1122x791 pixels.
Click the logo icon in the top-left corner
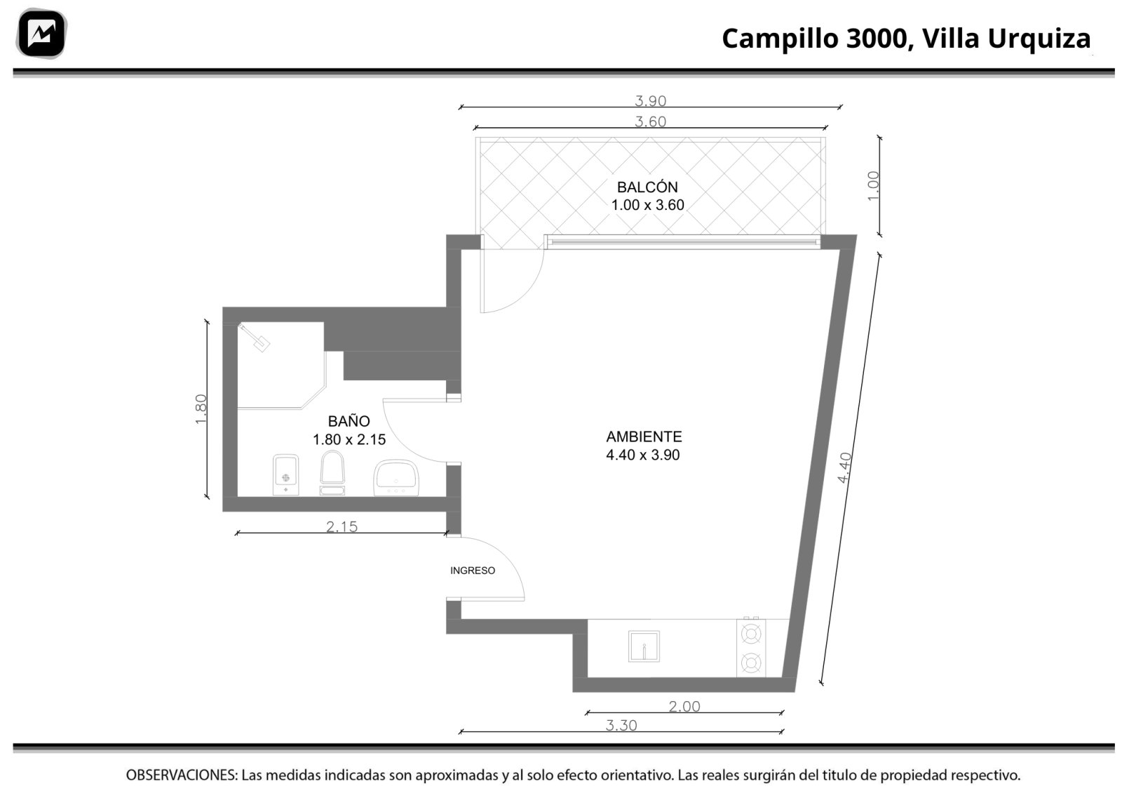[x=41, y=34]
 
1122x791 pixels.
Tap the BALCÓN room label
[x=647, y=187]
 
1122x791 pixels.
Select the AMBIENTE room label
[x=644, y=437]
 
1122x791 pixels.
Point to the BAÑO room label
[x=349, y=420]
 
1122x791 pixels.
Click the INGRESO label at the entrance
[x=473, y=571]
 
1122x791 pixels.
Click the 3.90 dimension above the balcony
[x=650, y=101]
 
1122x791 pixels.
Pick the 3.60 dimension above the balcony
[x=650, y=121]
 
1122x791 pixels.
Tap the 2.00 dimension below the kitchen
[x=684, y=706]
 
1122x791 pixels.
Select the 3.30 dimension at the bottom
[x=621, y=725]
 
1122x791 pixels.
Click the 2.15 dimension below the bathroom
[x=342, y=526]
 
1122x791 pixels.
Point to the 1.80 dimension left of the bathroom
[x=201, y=409]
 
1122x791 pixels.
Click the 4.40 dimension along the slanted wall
[x=844, y=467]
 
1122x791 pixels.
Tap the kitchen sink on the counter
[x=644, y=646]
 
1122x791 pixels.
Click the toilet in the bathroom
[x=332, y=472]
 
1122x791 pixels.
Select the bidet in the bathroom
[x=285, y=474]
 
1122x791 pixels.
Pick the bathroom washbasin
[x=396, y=478]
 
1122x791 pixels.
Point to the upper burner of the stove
[x=751, y=634]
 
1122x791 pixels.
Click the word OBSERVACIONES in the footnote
[x=182, y=775]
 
